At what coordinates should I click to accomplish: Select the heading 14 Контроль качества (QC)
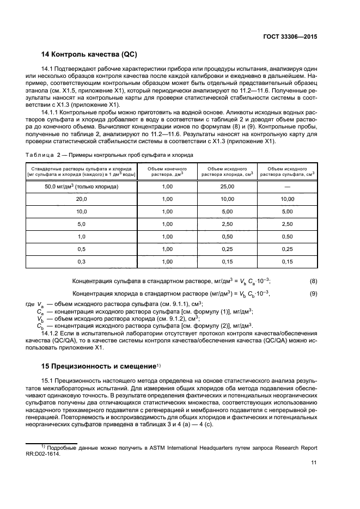(89, 54)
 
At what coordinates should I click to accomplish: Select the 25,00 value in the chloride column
(227, 187)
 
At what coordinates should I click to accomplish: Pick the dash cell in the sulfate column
(287, 187)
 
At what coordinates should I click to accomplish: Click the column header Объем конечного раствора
(167, 171)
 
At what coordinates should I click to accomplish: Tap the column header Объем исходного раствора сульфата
(287, 171)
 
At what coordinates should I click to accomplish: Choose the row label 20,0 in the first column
(81, 199)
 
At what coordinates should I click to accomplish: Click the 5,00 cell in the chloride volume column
(227, 212)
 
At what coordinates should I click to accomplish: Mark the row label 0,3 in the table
(81, 262)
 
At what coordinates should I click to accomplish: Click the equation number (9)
(313, 294)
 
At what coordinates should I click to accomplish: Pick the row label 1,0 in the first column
(81, 237)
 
